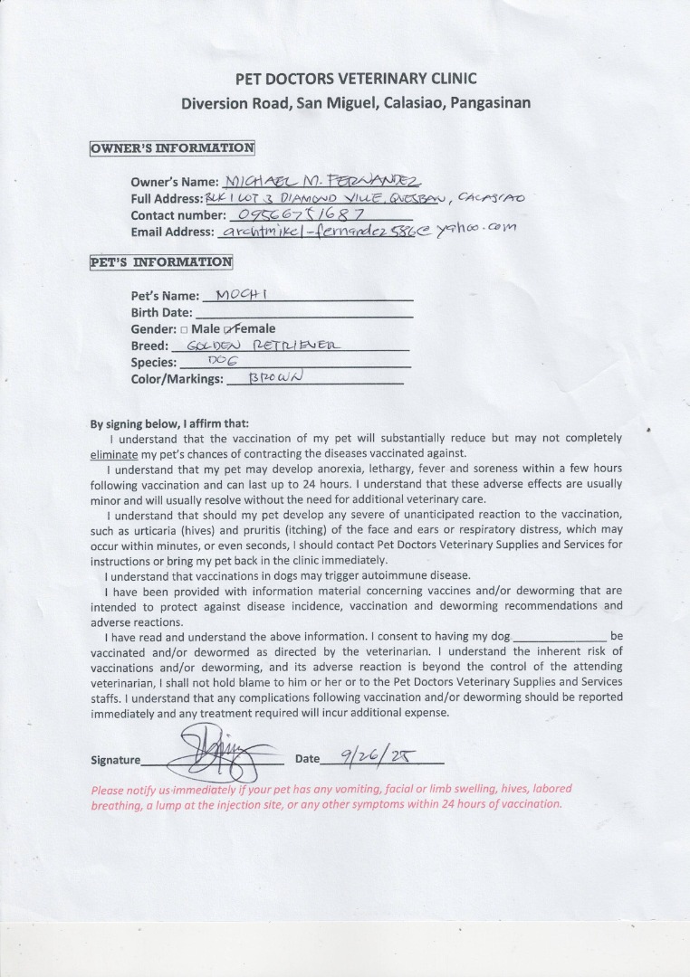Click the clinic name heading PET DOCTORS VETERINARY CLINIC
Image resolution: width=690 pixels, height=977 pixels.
(x=355, y=79)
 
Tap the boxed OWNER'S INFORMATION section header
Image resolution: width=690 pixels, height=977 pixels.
(x=172, y=148)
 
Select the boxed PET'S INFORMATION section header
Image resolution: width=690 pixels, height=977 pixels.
(x=160, y=262)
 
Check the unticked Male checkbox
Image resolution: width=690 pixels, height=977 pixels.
(x=185, y=329)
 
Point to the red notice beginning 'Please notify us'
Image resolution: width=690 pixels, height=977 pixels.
(x=331, y=796)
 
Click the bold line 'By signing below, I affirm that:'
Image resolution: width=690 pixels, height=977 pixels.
(x=169, y=423)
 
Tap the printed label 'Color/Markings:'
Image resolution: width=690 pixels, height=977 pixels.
(x=177, y=379)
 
